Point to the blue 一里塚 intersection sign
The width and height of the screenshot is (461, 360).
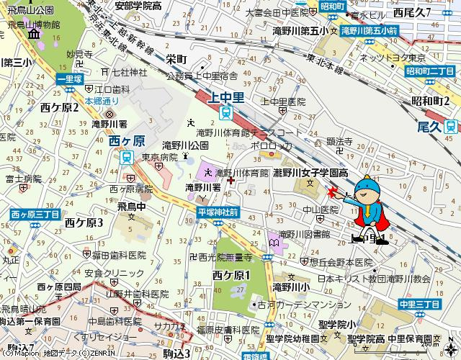(x=70, y=78)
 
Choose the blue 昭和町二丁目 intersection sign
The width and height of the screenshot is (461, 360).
(x=429, y=71)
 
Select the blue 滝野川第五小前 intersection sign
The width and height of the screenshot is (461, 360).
(x=370, y=31)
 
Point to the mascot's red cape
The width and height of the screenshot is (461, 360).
(x=387, y=215)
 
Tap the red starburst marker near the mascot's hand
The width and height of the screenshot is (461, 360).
(x=332, y=192)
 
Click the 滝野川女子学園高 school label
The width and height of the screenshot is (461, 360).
(x=314, y=173)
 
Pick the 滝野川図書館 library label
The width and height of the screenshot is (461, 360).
(x=304, y=234)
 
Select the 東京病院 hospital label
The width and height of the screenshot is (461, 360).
(x=159, y=157)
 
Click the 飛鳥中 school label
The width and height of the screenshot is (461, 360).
(x=131, y=206)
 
